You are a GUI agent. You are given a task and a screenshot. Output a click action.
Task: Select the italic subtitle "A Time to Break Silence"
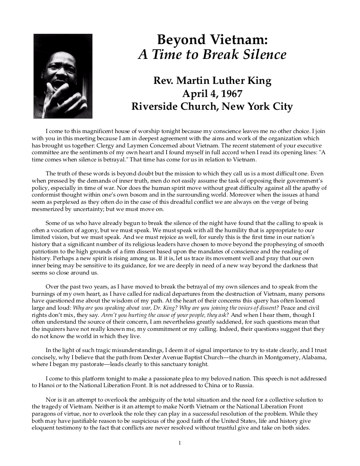pyautogui.click(x=212, y=55)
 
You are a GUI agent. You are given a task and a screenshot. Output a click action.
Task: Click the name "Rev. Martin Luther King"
pyautogui.click(x=212, y=80)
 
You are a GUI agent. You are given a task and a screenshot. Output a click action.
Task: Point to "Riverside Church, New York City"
pyautogui.click(x=212, y=106)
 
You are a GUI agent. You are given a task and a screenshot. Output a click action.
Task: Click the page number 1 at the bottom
pyautogui.click(x=180, y=443)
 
